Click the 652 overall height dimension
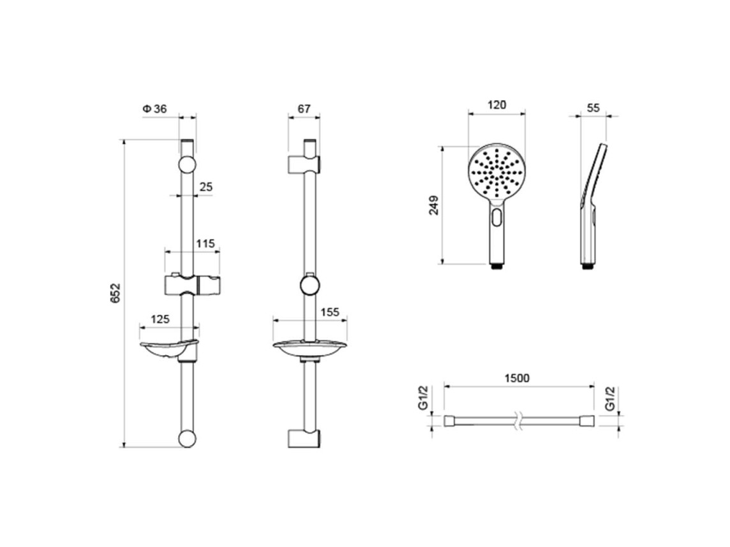pos(115,293)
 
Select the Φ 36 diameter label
pos(154,109)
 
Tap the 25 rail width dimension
pos(205,187)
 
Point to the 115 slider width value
pos(205,244)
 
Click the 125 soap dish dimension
pos(160,319)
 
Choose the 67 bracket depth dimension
pos(304,109)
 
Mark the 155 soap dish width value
pos(330,312)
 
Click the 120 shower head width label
pos(496,105)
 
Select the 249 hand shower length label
pos(434,205)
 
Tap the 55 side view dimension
pos(593,108)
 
